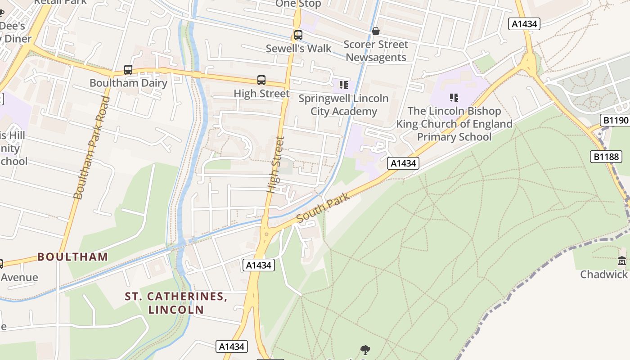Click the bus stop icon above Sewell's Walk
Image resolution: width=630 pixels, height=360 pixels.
tap(298, 35)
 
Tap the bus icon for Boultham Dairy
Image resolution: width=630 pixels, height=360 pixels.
tap(128, 70)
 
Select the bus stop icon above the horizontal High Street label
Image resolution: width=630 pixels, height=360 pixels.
tap(261, 80)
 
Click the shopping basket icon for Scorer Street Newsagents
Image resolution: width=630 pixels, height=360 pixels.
tap(376, 31)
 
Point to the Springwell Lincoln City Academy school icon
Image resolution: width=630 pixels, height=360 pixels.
tap(344, 85)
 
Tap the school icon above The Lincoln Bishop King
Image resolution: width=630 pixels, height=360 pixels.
tap(454, 97)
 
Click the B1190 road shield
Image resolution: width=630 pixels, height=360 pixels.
tap(615, 120)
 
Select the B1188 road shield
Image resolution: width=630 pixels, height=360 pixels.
tap(606, 157)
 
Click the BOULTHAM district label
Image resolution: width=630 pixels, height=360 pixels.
tap(72, 257)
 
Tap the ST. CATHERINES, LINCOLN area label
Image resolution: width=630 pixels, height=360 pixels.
tap(176, 303)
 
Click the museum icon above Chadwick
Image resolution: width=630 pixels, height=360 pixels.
tap(622, 261)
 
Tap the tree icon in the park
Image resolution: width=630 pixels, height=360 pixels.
tap(365, 350)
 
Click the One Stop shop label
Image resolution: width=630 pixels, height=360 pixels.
tap(298, 4)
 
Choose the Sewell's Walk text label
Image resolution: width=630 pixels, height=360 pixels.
tap(298, 49)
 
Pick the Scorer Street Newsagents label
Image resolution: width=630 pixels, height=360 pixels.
tap(376, 51)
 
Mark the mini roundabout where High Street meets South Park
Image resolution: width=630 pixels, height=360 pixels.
tap(266, 234)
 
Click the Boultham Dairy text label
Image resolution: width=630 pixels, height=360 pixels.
tap(128, 83)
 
